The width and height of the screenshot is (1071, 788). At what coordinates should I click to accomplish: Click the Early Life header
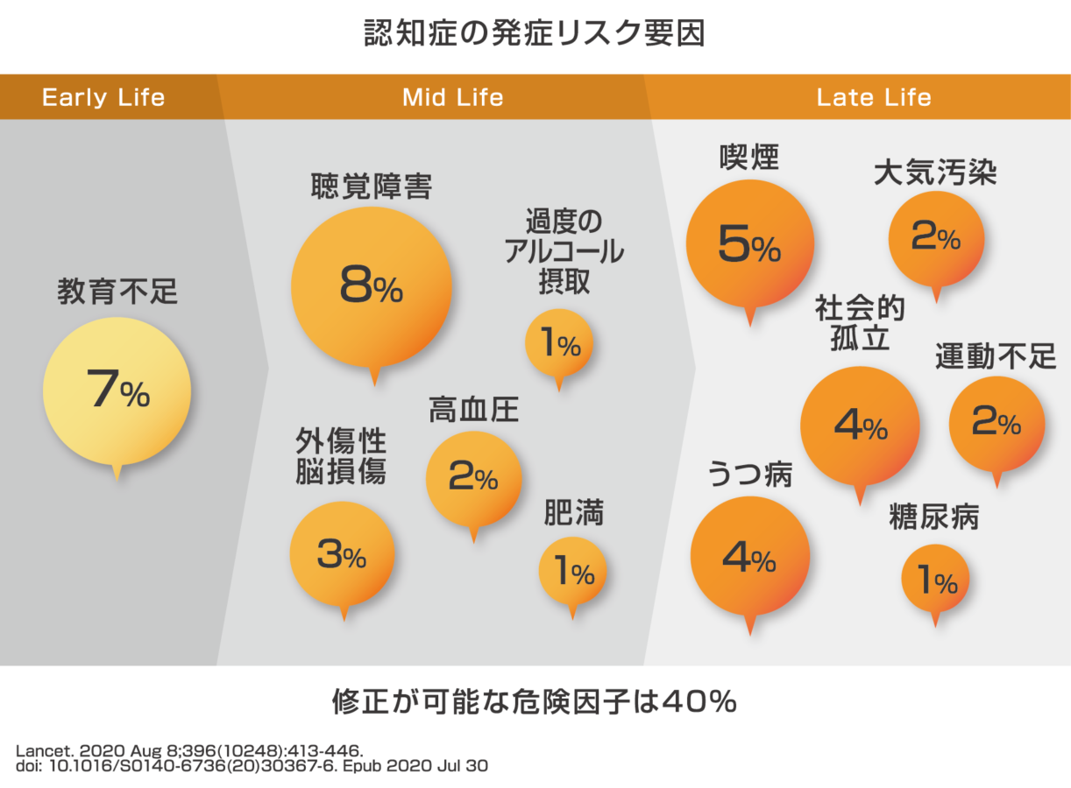click(x=103, y=96)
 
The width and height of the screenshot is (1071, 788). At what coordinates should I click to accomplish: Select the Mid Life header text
click(x=452, y=96)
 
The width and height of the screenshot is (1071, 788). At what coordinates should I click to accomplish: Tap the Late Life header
click(x=874, y=96)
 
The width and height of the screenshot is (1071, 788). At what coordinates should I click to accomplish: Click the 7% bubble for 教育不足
click(x=117, y=391)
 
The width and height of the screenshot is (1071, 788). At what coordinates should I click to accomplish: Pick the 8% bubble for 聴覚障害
click(x=371, y=288)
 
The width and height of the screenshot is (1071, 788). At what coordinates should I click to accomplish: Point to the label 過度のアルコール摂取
click(x=564, y=251)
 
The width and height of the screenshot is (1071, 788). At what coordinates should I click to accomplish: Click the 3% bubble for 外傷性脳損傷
click(x=342, y=554)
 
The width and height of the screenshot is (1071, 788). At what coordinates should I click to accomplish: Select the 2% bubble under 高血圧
click(x=473, y=478)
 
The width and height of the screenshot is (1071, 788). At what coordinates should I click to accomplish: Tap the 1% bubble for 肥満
click(x=572, y=573)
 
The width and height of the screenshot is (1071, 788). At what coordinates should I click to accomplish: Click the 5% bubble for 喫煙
click(x=749, y=244)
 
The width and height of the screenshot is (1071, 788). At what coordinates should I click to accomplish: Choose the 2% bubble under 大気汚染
click(x=936, y=238)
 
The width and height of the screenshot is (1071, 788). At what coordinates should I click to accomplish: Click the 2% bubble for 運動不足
click(x=997, y=425)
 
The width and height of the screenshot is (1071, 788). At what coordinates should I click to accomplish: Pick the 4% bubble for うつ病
click(x=749, y=557)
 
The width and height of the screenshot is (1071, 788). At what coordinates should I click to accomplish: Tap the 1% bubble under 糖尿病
click(x=936, y=579)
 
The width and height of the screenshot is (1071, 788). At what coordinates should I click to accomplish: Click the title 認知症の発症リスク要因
click(x=535, y=32)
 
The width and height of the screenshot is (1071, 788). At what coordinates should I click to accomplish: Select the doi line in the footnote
click(x=252, y=765)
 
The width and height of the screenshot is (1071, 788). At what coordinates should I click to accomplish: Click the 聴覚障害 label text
click(x=371, y=186)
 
